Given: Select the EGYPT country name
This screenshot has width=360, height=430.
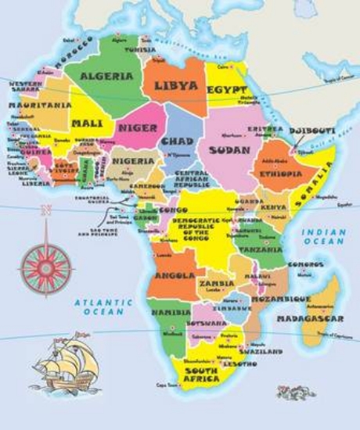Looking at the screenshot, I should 227,91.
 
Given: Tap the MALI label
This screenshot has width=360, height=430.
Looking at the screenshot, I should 86,124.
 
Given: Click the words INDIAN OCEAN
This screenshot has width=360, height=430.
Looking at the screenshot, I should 323,238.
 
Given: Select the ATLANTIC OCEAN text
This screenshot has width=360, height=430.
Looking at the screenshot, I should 99,306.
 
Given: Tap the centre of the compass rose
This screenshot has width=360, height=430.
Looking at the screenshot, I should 46,268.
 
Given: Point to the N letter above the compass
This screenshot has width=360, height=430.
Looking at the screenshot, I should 46,210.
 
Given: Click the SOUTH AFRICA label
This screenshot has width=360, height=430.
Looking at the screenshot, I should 201,374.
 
